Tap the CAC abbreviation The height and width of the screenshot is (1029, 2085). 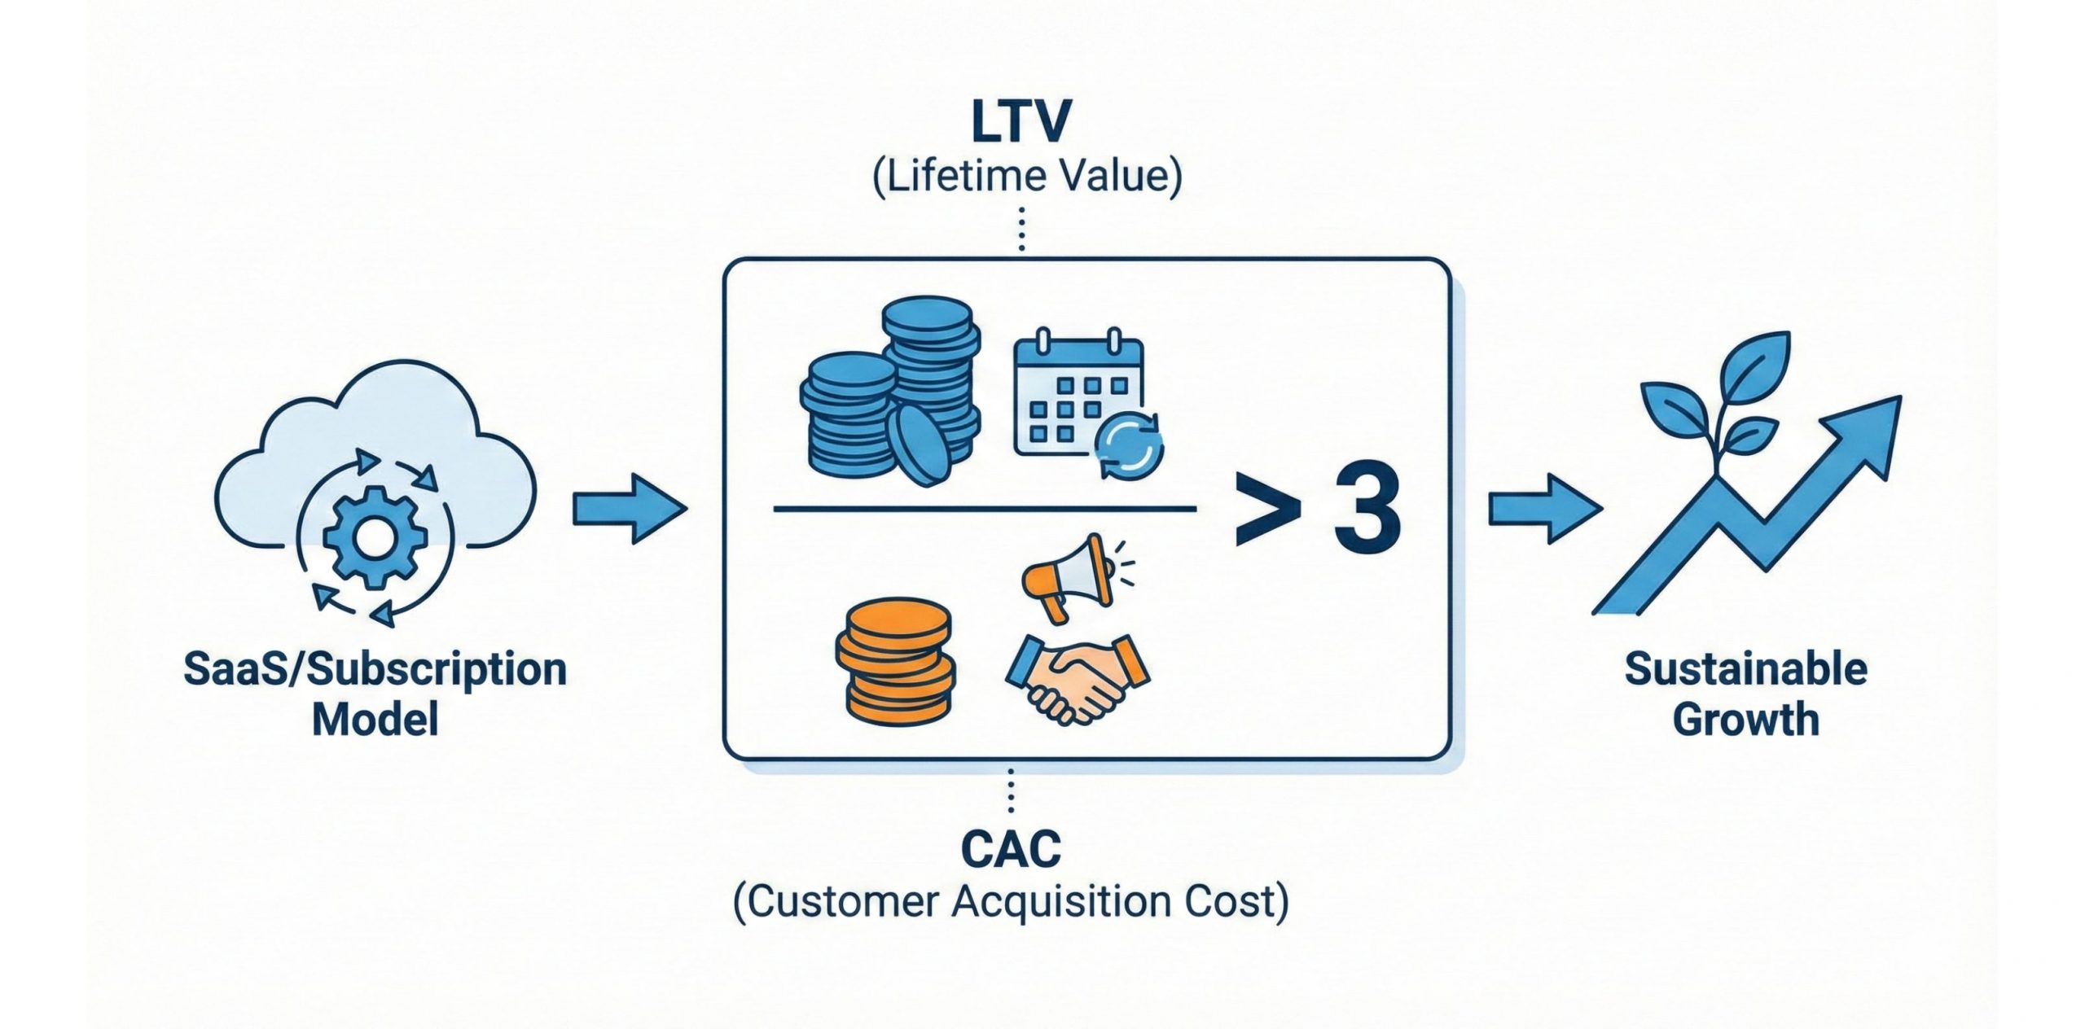[x=1011, y=850]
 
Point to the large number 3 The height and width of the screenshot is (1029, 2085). [x=1367, y=511]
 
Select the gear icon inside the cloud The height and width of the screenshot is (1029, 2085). [x=375, y=536]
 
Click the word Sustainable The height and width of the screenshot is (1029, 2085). [x=1745, y=670]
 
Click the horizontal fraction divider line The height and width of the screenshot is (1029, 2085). [x=984, y=510]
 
